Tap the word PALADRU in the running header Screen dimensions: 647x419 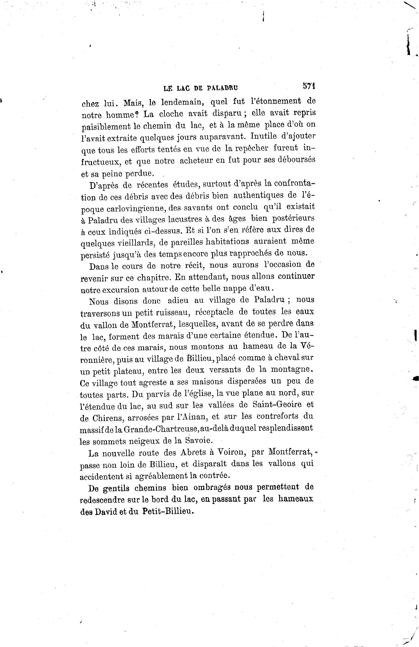pos(222,88)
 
